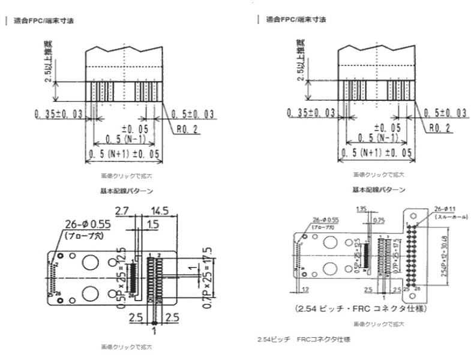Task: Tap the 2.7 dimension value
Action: coord(122,211)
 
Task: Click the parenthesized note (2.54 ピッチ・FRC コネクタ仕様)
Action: coord(357,310)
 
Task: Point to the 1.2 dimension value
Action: coord(306,289)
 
